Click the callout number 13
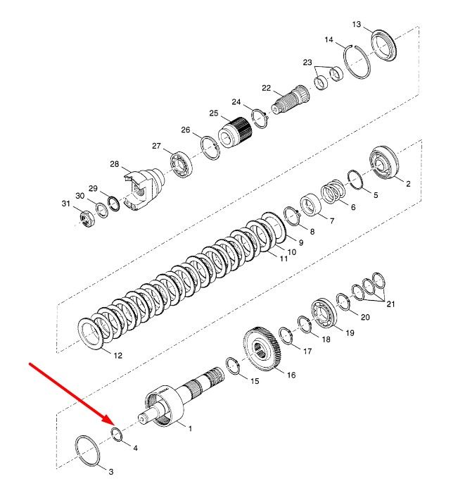pos(357,25)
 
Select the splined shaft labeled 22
pos(291,99)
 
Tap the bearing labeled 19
pos(324,315)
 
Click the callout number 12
pos(118,356)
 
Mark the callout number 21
pos(390,304)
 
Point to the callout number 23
pos(307,62)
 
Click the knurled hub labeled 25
pos(235,132)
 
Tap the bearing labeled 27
pos(182,165)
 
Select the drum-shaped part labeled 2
pos(383,163)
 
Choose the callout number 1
pos(190,429)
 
